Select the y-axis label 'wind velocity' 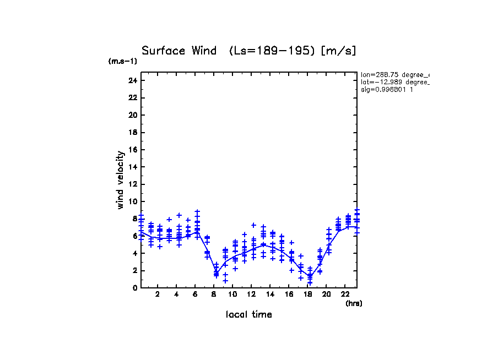120,181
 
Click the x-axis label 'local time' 248,315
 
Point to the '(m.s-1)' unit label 122,61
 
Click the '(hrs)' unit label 353,303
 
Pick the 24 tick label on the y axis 132,80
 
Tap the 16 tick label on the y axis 132,150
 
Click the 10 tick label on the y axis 132,201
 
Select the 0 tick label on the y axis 134,288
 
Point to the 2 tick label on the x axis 158,294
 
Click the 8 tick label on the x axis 214,294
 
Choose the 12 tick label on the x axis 251,294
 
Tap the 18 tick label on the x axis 307,294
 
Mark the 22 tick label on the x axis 345,294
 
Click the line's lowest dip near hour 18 310,276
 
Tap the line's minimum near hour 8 216,272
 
